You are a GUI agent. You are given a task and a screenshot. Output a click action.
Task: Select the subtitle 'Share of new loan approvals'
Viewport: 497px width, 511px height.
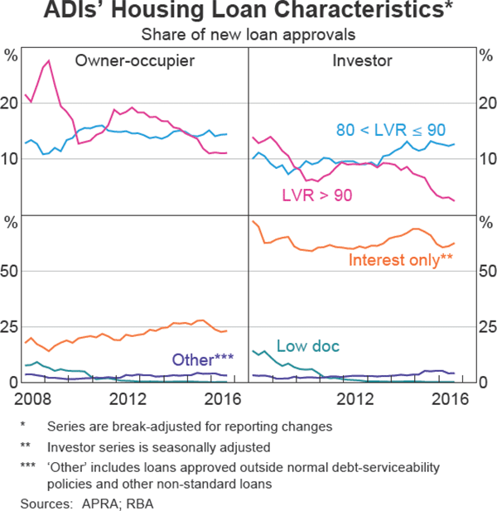coord(248,35)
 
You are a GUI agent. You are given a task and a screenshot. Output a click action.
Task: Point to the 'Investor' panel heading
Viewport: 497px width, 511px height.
coord(362,60)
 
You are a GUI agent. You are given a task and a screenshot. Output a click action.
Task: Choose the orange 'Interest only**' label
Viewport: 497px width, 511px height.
coord(401,259)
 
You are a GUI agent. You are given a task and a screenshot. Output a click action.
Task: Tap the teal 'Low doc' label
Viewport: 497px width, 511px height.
coord(308,346)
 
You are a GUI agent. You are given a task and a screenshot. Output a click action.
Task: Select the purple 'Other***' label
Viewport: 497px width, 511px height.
coord(202,359)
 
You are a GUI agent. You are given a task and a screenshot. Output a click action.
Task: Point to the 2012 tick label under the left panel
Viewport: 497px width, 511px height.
coord(133,398)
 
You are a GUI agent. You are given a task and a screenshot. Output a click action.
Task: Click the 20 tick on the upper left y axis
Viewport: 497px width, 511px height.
coord(11,104)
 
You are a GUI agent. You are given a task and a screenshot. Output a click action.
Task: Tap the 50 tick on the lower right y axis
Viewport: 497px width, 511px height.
coord(486,271)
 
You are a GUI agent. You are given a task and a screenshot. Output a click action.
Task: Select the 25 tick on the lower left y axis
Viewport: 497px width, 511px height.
coord(11,326)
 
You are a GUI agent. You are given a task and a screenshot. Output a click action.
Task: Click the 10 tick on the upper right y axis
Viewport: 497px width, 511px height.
coord(486,159)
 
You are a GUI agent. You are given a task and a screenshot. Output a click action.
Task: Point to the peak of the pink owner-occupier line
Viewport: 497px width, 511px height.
coord(49,61)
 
